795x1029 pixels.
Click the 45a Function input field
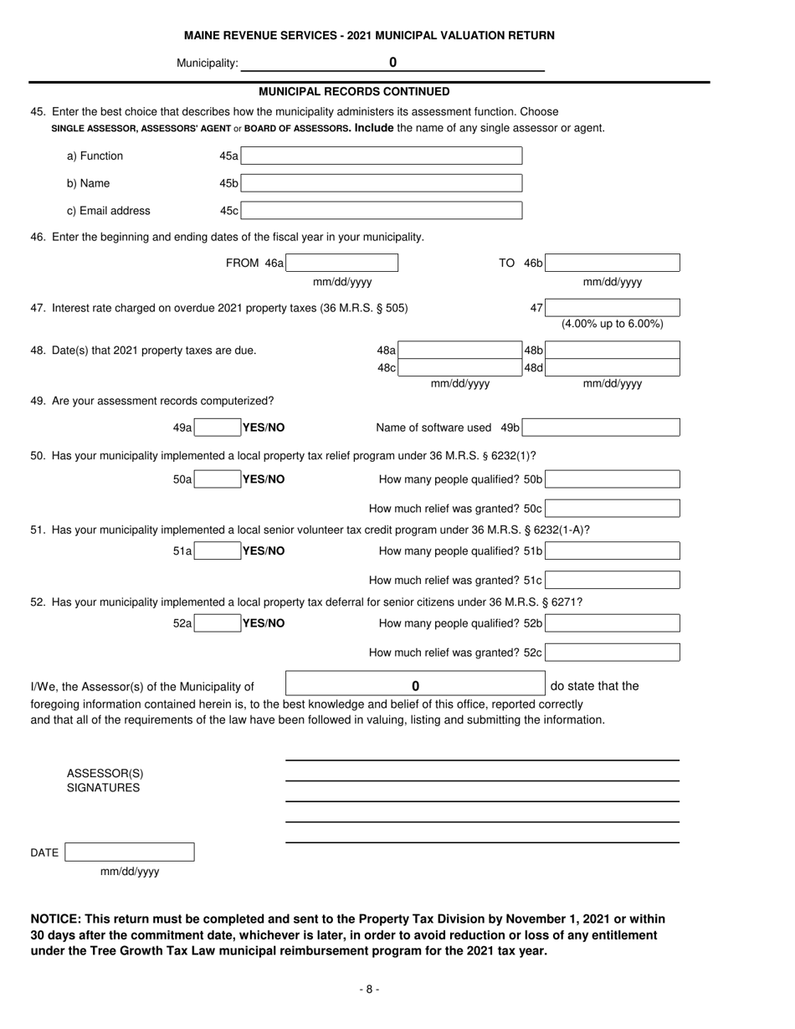[382, 156]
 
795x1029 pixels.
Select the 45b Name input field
[382, 183]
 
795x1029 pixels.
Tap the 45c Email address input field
[382, 211]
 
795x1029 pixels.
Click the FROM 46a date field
[341, 264]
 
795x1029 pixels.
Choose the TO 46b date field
[613, 264]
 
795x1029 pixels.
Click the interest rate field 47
[613, 308]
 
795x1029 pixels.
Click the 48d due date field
[613, 368]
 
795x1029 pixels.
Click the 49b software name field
[602, 428]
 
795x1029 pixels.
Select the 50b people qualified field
[613, 479]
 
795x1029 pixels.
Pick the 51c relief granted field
[613, 580]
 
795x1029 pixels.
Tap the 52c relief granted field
[613, 653]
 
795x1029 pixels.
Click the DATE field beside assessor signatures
[130, 852]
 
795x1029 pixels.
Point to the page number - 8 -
[369, 989]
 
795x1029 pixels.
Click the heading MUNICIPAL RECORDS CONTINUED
[354, 91]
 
